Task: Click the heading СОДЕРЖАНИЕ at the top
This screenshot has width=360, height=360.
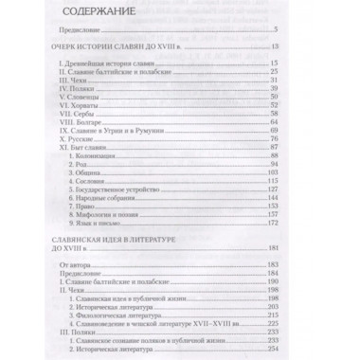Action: point(99,14)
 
